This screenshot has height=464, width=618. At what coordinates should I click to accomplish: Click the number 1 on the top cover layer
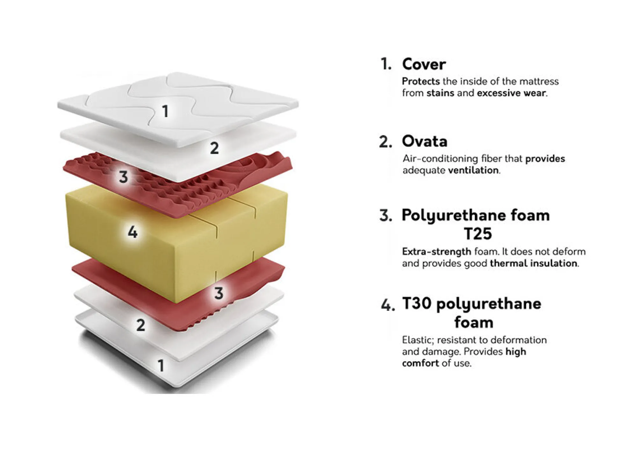(165, 111)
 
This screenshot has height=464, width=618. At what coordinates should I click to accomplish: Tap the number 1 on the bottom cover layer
(161, 365)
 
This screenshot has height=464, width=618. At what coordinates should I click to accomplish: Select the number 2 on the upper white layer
(214, 148)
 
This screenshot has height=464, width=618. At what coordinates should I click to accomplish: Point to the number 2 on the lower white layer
(140, 325)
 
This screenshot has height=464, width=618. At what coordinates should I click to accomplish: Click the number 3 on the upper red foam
(123, 177)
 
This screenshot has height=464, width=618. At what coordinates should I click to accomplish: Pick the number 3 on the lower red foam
(219, 293)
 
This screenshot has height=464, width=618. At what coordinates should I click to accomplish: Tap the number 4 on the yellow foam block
(133, 232)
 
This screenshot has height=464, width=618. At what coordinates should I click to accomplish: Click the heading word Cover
(424, 64)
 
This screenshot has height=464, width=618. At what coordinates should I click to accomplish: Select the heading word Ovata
(425, 141)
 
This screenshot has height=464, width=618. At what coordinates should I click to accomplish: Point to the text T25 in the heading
(478, 234)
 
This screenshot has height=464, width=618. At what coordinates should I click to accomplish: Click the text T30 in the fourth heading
(417, 303)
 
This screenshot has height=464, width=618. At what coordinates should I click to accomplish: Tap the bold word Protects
(421, 82)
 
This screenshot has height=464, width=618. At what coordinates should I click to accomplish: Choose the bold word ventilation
(473, 170)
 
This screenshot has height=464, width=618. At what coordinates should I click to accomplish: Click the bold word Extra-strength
(436, 252)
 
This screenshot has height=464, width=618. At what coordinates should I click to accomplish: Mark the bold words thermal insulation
(534, 263)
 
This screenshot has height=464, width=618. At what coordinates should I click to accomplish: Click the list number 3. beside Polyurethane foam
(386, 216)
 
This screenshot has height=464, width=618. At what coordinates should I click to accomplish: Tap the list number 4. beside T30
(388, 305)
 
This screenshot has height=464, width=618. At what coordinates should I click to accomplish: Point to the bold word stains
(440, 93)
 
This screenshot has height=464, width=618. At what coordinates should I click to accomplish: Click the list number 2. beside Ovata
(385, 142)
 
